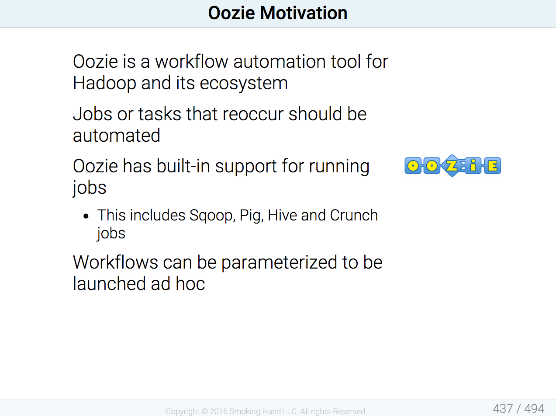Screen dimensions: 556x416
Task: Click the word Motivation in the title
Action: point(304,13)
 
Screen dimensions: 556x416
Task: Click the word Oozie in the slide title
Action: point(231,13)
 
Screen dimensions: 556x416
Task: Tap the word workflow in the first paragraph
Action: point(192,61)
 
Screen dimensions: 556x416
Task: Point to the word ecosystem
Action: point(244,84)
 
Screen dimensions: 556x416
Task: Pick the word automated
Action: point(117,135)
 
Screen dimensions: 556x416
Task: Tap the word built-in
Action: point(183,166)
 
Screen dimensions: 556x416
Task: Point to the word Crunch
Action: point(354,215)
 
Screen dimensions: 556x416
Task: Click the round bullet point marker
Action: point(86,216)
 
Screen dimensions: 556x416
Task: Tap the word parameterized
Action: point(280,262)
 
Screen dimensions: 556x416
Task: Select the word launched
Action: point(109,283)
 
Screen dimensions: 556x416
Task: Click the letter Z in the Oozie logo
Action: point(452,166)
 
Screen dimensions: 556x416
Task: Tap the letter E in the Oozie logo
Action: point(492,166)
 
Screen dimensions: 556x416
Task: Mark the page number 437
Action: point(503,409)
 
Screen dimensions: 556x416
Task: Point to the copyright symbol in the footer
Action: point(204,412)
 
